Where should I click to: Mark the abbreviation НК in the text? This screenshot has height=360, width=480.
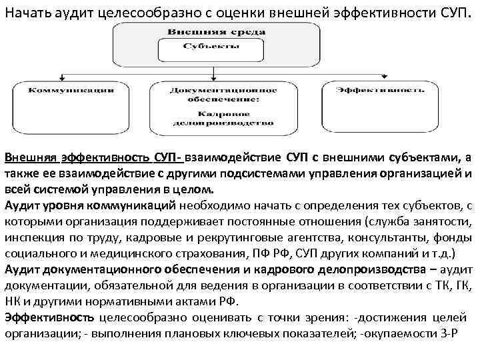click(13, 301)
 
